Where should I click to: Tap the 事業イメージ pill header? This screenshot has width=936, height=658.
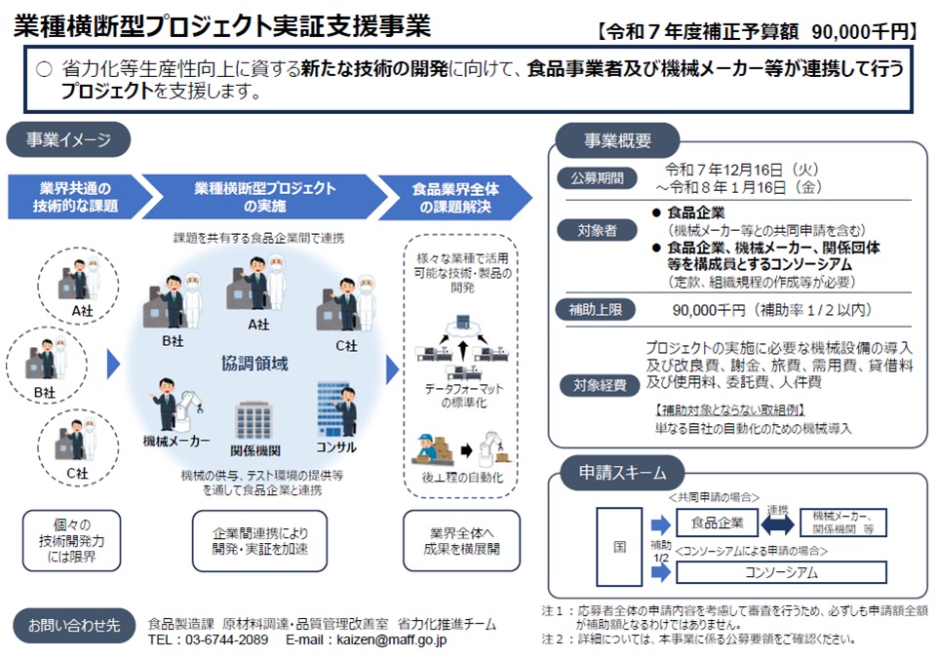(x=68, y=139)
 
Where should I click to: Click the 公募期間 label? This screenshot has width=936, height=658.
(x=597, y=178)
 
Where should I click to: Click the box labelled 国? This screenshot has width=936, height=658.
(x=620, y=546)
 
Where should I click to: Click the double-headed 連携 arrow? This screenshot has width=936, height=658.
(x=776, y=523)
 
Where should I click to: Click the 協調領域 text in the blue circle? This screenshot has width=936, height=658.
(x=254, y=364)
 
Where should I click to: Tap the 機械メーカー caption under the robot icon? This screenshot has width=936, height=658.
(x=176, y=442)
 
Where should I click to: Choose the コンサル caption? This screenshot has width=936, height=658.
(x=335, y=446)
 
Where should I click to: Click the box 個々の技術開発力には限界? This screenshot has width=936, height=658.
(x=73, y=539)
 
